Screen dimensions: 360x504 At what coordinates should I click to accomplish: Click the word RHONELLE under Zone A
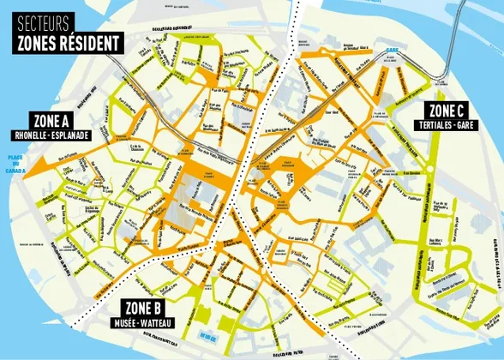click(x=32, y=136)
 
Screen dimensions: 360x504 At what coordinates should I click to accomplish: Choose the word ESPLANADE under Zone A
click(x=79, y=136)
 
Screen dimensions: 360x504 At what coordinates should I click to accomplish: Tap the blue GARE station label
click(x=393, y=51)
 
